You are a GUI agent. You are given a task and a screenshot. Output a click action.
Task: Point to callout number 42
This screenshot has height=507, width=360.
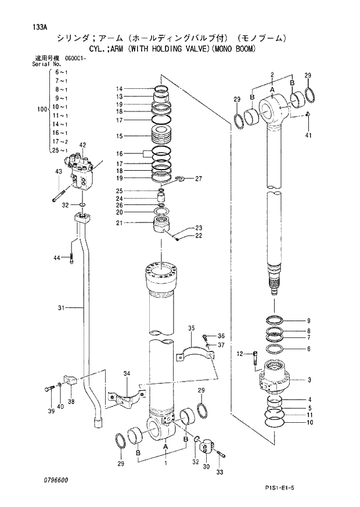point(82,145)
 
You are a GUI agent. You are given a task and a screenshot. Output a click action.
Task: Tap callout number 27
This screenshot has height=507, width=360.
point(198,178)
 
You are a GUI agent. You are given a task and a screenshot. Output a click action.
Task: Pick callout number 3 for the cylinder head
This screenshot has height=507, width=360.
point(309,380)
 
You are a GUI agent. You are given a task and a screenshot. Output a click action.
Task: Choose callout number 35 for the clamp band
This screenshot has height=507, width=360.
point(190,329)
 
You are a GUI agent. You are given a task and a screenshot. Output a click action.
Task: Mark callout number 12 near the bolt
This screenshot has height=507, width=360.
point(240,353)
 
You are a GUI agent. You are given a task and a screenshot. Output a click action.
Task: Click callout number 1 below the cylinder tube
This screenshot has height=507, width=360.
point(166,463)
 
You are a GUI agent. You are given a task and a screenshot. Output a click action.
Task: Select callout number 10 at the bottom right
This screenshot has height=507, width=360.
point(309,422)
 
